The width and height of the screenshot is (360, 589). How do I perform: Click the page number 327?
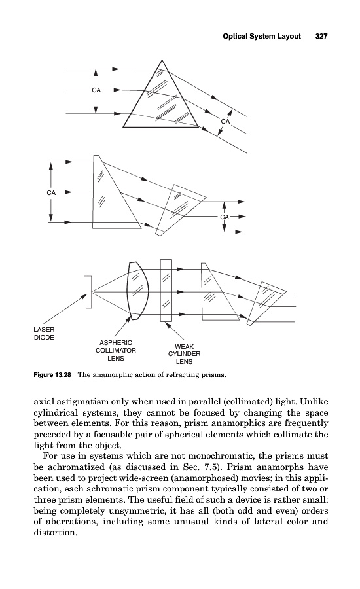321,36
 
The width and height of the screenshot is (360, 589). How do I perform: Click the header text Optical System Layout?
262,36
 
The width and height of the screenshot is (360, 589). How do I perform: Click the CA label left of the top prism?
96,90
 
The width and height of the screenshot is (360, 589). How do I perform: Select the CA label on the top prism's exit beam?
225,121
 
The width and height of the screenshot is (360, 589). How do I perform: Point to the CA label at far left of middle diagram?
51,192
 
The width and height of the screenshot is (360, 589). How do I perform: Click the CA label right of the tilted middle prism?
225,217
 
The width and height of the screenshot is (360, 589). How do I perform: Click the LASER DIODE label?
44,333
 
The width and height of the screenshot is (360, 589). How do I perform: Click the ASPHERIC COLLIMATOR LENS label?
116,351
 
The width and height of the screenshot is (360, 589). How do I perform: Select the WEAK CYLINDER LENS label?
184,354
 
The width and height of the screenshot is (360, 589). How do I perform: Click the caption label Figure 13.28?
52,375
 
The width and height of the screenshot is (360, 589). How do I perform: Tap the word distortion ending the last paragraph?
55,532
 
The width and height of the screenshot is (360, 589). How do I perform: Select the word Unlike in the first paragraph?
315,402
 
